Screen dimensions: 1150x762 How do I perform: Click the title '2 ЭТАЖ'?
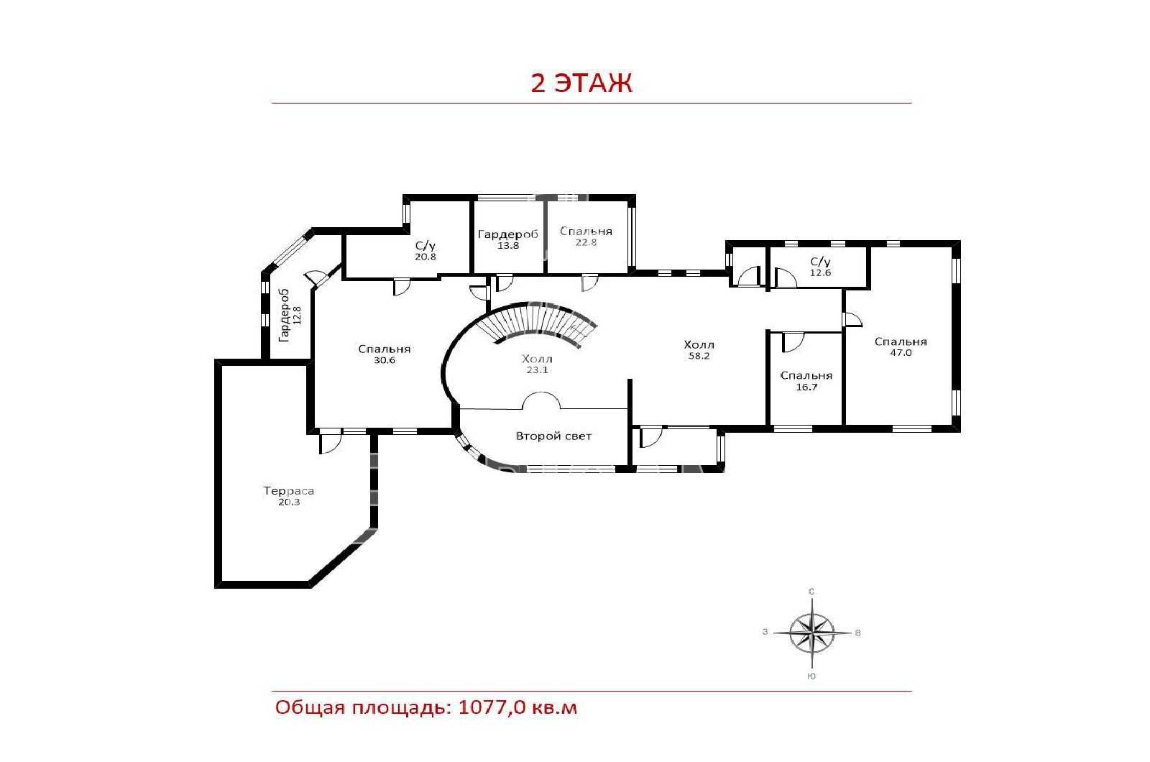point(581,83)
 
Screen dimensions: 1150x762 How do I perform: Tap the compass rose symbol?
point(811,633)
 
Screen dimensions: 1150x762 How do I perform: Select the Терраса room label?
point(288,491)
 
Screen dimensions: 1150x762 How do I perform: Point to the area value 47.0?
point(901,353)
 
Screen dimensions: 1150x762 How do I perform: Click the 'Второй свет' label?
point(553,436)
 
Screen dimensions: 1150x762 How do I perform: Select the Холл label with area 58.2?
point(699,344)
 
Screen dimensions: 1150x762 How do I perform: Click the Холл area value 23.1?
point(537,369)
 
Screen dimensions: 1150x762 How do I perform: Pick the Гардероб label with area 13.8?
point(507,234)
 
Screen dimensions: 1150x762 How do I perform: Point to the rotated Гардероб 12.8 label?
point(290,316)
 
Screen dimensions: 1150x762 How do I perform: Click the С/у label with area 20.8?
point(425,246)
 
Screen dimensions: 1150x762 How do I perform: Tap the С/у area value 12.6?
point(820,272)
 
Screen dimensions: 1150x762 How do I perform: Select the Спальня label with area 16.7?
point(806,376)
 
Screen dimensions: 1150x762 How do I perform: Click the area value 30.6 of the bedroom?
point(384,360)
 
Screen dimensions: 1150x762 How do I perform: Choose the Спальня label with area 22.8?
point(586,231)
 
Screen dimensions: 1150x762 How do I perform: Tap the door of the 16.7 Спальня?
point(793,342)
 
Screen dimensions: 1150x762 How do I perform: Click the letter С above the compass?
point(811,592)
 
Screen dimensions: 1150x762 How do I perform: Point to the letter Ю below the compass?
point(811,676)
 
